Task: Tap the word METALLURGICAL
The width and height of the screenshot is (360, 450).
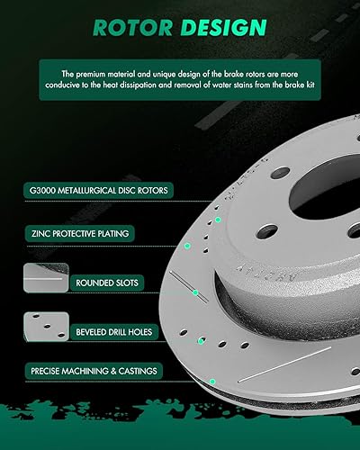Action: click(95, 191)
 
